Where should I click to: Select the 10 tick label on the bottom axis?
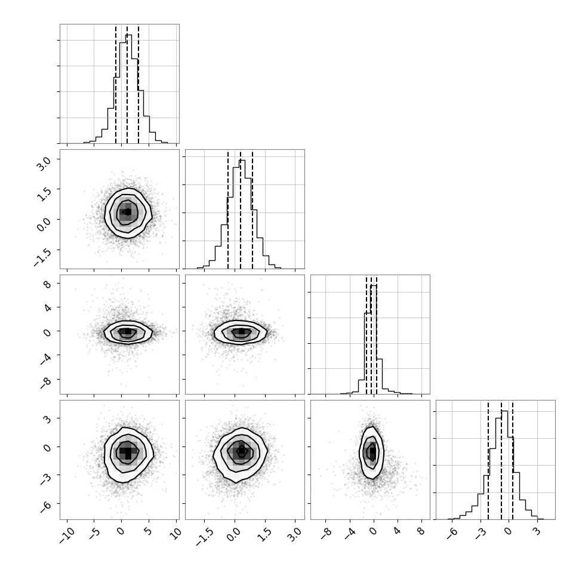pos(176,533)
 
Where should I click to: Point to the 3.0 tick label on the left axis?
pos(44,163)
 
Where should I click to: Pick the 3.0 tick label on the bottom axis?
pos(295,534)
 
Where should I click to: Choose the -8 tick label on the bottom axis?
pos(327,533)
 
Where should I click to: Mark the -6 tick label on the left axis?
pos(46,507)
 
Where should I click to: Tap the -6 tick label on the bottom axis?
pos(452,533)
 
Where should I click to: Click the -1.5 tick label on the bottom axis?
pos(204,537)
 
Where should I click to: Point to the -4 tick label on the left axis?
pos(46,359)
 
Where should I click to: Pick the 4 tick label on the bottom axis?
pos(398,531)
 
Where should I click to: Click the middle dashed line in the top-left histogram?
pos(127,84)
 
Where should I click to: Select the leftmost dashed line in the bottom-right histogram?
pos(488,460)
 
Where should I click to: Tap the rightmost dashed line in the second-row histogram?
pos(252,210)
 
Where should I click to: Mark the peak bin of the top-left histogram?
pos(128,88)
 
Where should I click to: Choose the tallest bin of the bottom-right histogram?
pos(504,465)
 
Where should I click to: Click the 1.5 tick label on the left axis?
pos(44,193)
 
